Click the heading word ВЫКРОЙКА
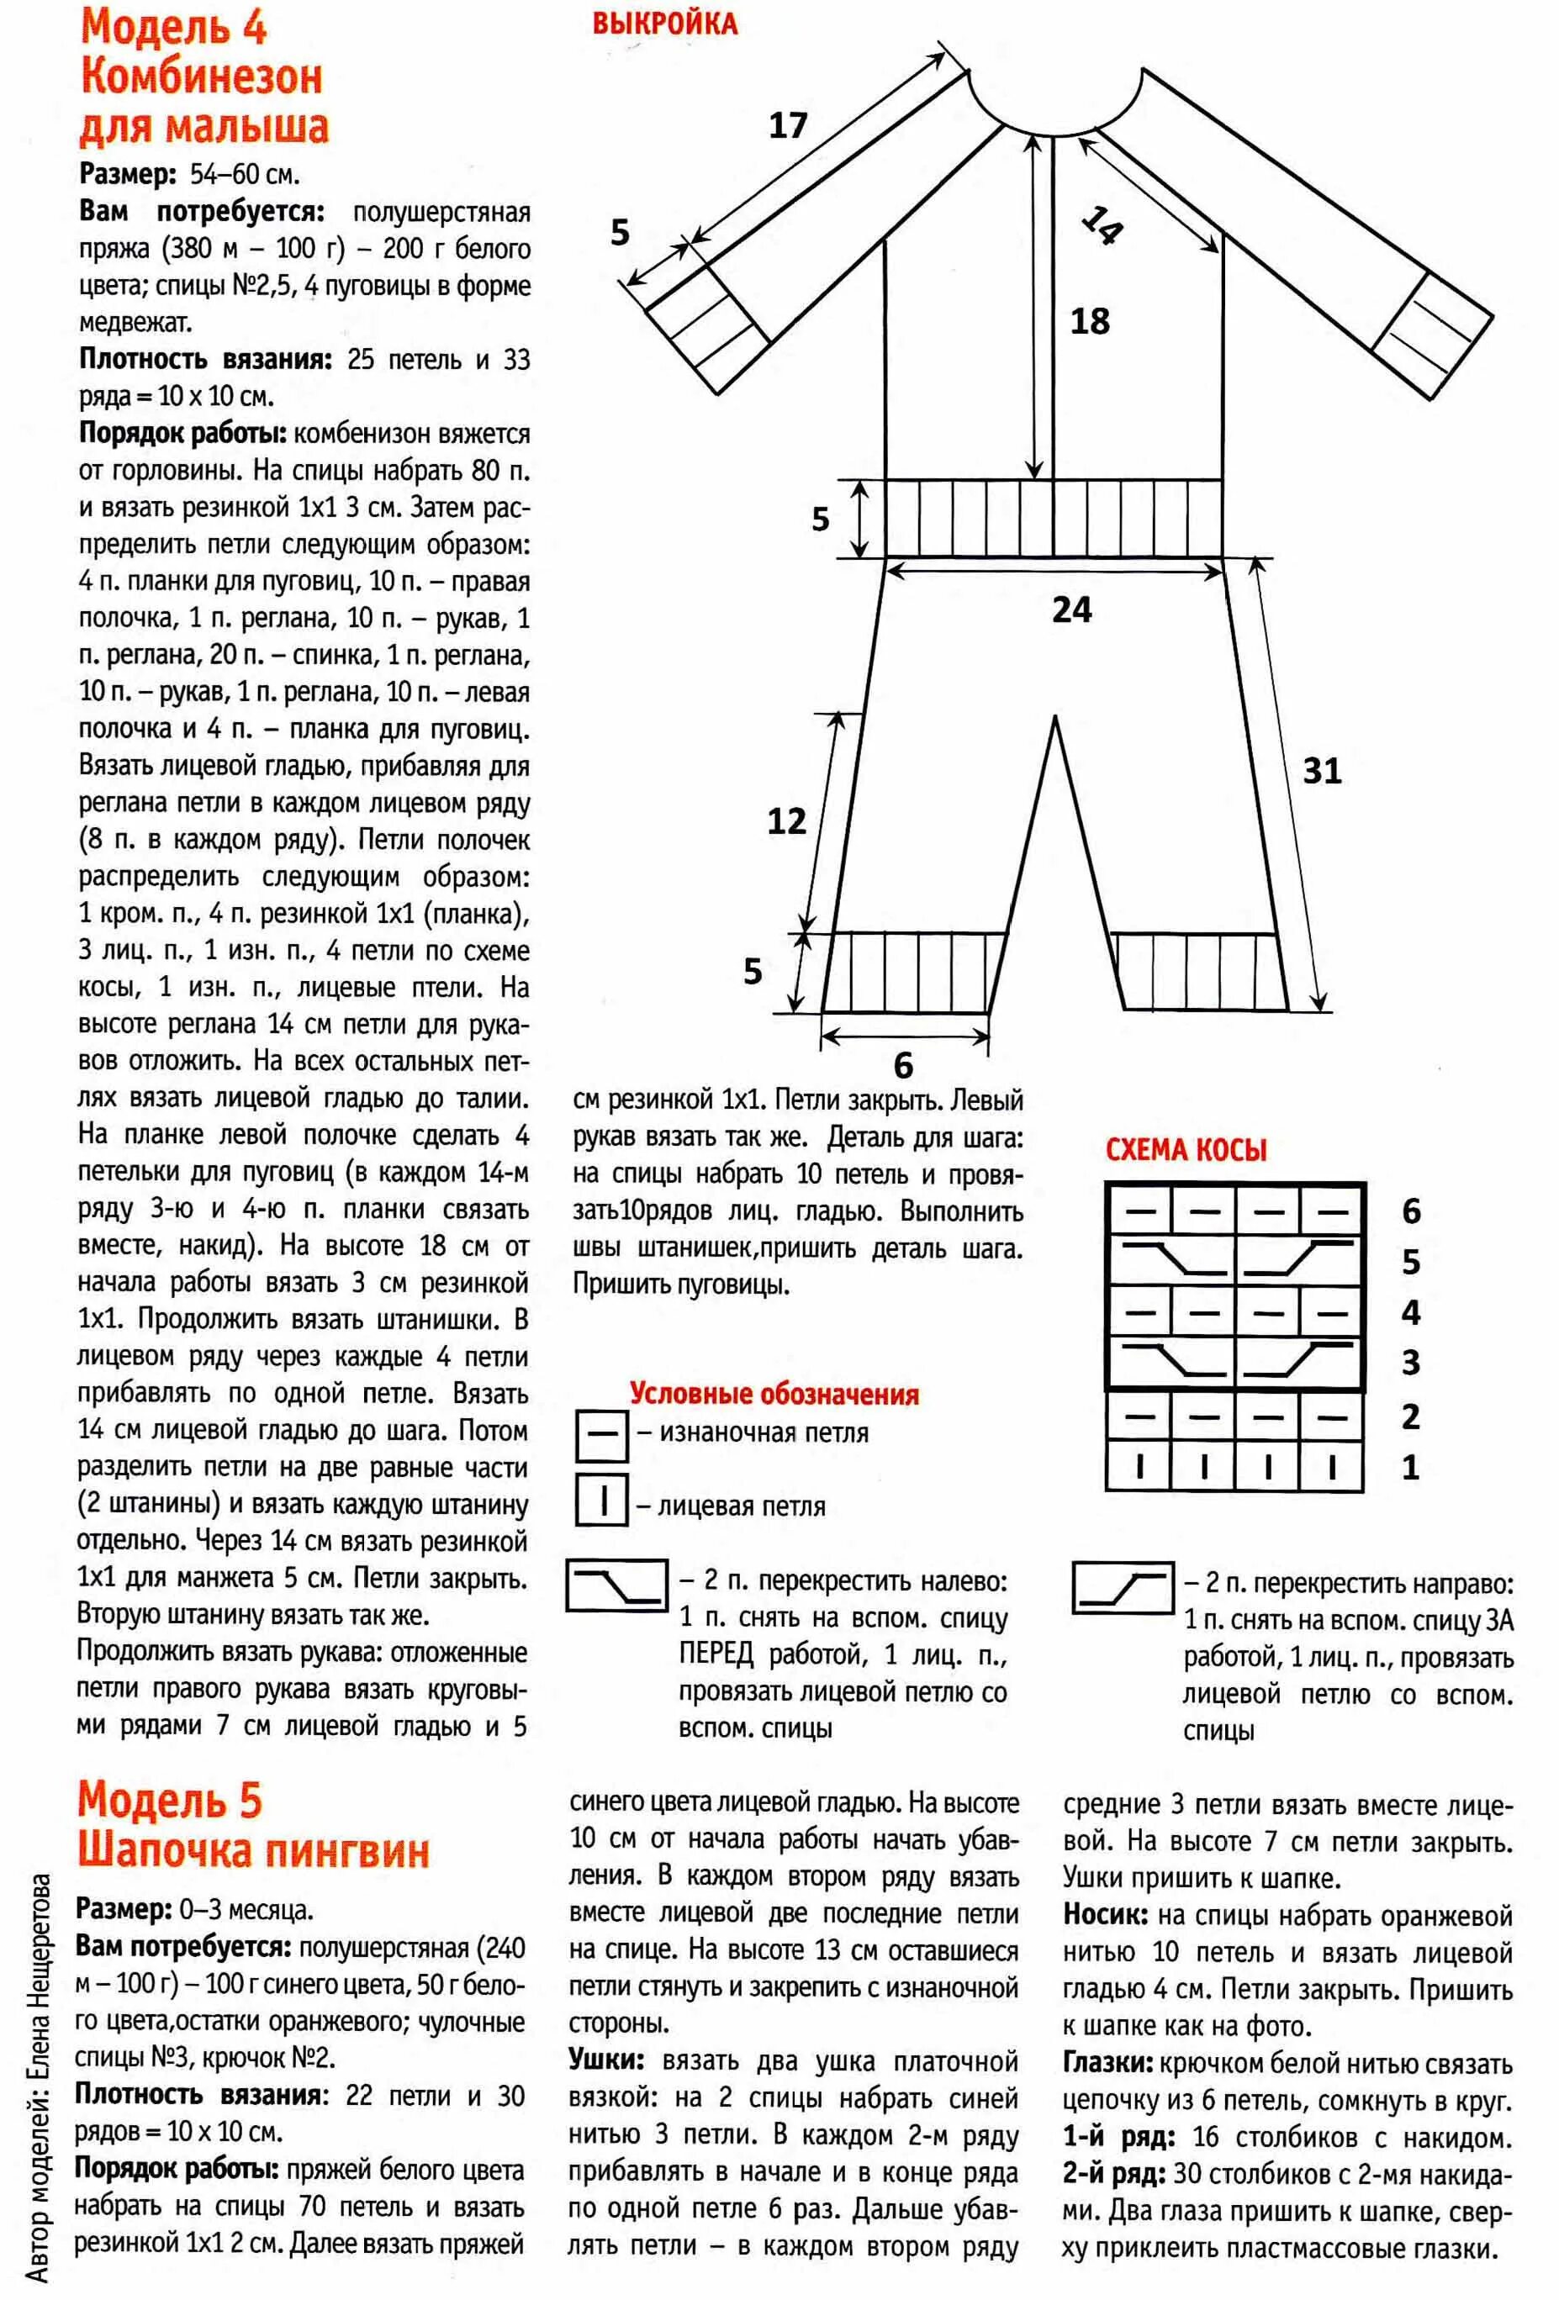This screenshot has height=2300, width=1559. pyautogui.click(x=664, y=24)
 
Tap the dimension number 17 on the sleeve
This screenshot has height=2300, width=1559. pyautogui.click(x=788, y=126)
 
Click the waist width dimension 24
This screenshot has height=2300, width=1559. pyautogui.click(x=1072, y=609)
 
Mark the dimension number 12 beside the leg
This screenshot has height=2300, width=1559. pyautogui.click(x=787, y=820)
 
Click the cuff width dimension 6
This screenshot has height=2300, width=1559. pyautogui.click(x=903, y=1065)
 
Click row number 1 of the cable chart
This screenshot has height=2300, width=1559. pyautogui.click(x=1410, y=1467)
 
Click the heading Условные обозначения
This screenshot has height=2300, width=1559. pyautogui.click(x=774, y=1395)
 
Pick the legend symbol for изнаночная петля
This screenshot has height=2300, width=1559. pyautogui.click(x=602, y=1434)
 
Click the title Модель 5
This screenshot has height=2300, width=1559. pyautogui.click(x=169, y=1799)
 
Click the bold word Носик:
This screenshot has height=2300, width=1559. pyautogui.click(x=1105, y=1915)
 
